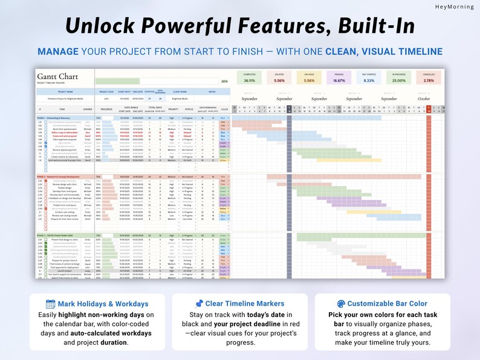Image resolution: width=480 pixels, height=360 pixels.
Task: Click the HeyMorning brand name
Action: coord(454,7)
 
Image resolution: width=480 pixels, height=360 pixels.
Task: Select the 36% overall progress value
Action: coord(224,81)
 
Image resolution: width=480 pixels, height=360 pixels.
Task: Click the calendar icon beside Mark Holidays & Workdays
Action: coord(51,304)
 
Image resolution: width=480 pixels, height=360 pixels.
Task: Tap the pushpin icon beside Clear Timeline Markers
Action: coord(199,304)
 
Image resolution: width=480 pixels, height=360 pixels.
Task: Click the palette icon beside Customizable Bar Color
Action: coord(340,304)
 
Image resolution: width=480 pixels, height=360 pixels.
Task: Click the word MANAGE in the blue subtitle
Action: coord(58,52)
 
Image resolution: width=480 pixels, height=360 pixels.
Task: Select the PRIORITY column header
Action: coord(174,109)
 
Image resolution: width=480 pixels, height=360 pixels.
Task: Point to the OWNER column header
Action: coord(88,109)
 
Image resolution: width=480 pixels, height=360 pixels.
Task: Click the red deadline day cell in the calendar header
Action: coord(429,109)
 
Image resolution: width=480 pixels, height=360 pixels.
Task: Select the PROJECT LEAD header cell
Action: coord(107,92)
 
